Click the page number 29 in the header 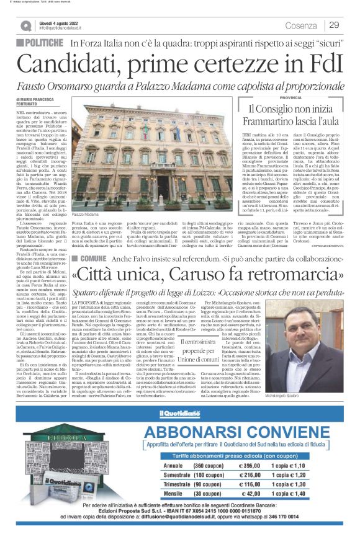coord(334,25)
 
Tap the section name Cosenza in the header coord(301,25)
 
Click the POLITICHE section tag coord(44,43)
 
